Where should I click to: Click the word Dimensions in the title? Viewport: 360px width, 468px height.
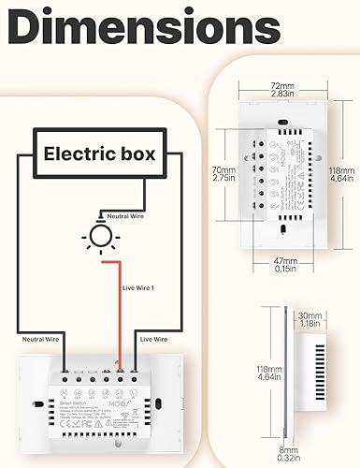tap(140, 30)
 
